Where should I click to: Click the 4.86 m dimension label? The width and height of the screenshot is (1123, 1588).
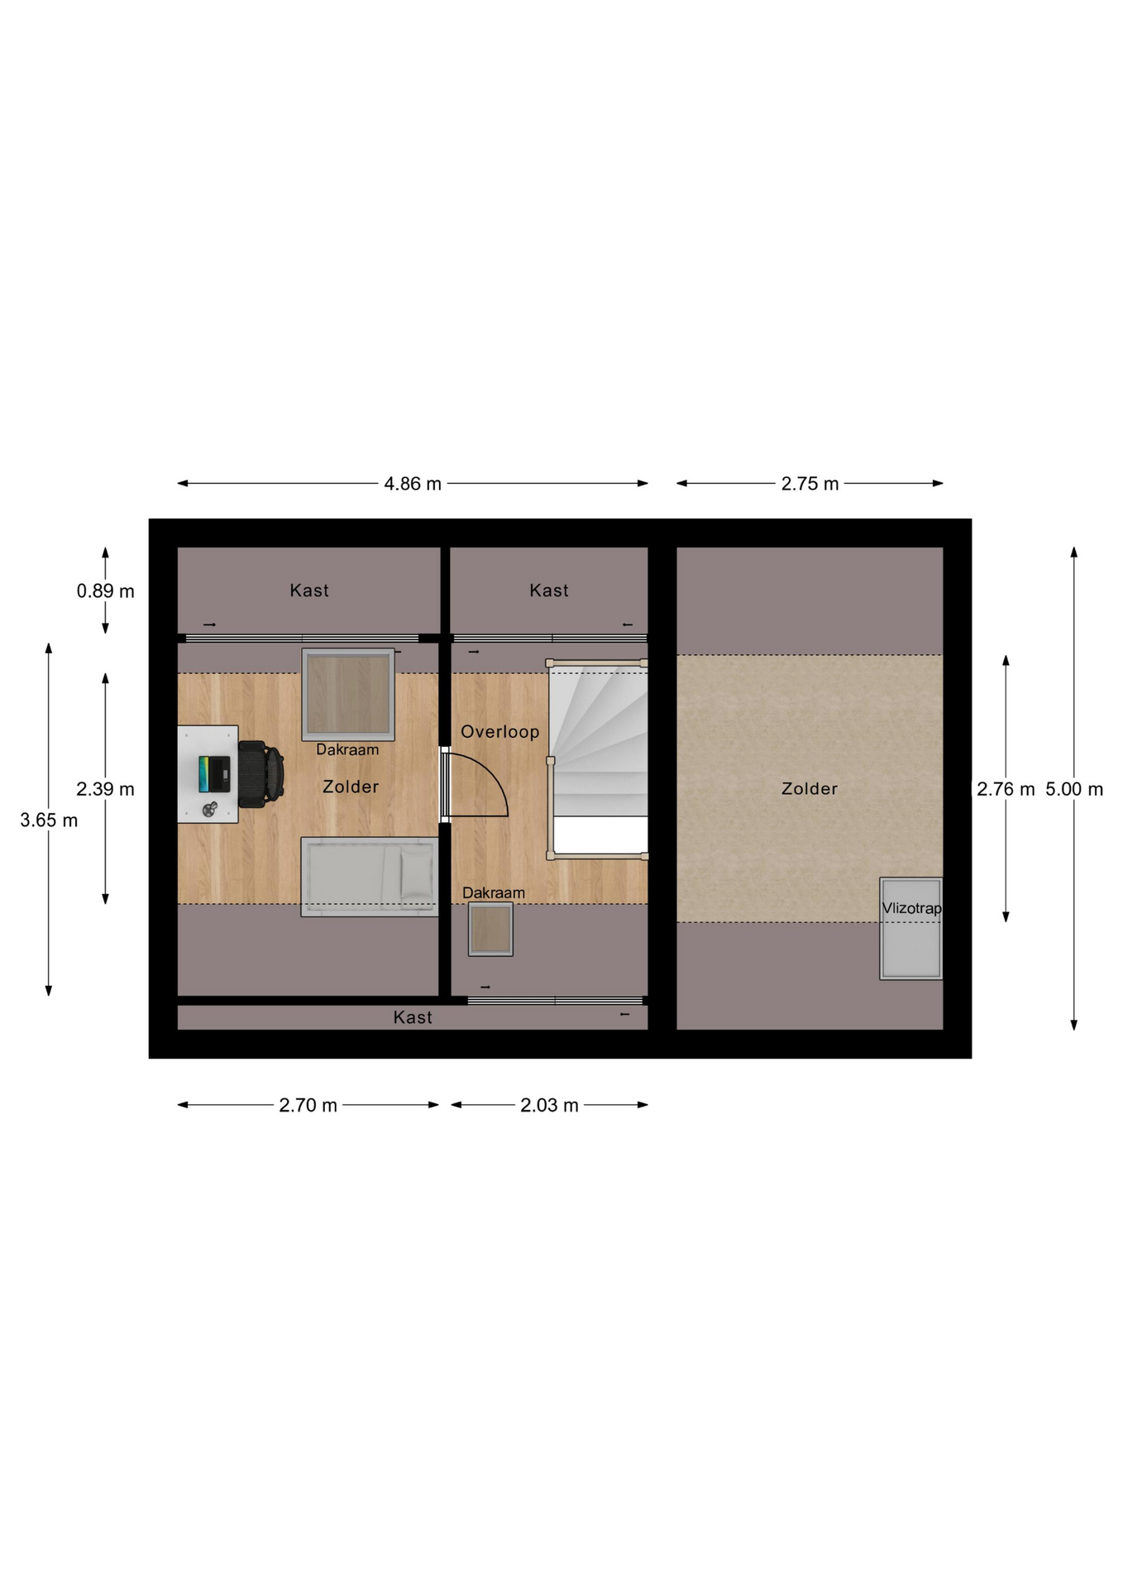(413, 484)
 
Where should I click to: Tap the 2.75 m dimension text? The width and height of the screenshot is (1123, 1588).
(810, 484)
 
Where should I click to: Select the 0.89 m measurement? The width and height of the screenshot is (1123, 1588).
(105, 591)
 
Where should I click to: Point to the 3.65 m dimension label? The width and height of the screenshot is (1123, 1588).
(49, 820)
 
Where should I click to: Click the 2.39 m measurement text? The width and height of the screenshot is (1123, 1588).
(105, 789)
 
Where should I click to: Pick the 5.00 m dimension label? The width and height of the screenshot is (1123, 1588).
(1074, 789)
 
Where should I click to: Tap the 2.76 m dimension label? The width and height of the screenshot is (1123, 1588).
(1006, 789)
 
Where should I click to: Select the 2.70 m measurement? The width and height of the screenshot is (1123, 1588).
(308, 1105)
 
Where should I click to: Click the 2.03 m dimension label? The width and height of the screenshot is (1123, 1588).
(549, 1105)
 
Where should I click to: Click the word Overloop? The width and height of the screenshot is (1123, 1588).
(499, 732)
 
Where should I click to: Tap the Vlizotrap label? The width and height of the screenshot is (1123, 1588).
(911, 908)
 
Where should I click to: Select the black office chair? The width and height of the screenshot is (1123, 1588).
(261, 774)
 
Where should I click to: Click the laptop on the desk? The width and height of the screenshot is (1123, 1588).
(214, 774)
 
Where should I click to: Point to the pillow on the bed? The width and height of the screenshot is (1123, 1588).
(417, 873)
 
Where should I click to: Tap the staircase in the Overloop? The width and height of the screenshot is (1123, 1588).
(598, 759)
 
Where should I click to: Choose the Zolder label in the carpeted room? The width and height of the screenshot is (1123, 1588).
(810, 789)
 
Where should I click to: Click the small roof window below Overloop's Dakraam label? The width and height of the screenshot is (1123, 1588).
(490, 929)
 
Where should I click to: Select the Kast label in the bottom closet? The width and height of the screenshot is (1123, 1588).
(413, 1017)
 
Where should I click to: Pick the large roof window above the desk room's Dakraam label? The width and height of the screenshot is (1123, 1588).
(348, 694)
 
